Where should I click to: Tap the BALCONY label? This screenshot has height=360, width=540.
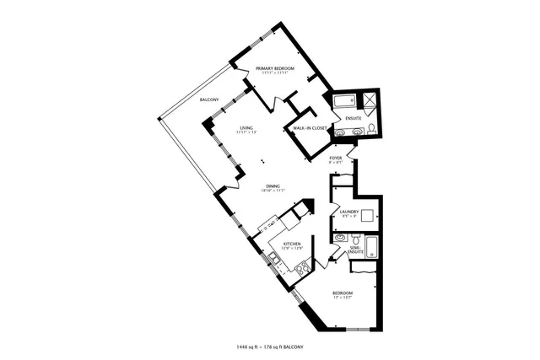click(210, 100)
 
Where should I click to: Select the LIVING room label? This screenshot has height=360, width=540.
click(246, 128)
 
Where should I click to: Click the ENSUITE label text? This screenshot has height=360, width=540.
click(354, 118)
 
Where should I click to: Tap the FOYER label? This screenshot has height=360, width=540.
click(335, 157)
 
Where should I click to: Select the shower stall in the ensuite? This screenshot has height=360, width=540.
click(370, 100)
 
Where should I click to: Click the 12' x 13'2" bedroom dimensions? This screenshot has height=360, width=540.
click(343, 298)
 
